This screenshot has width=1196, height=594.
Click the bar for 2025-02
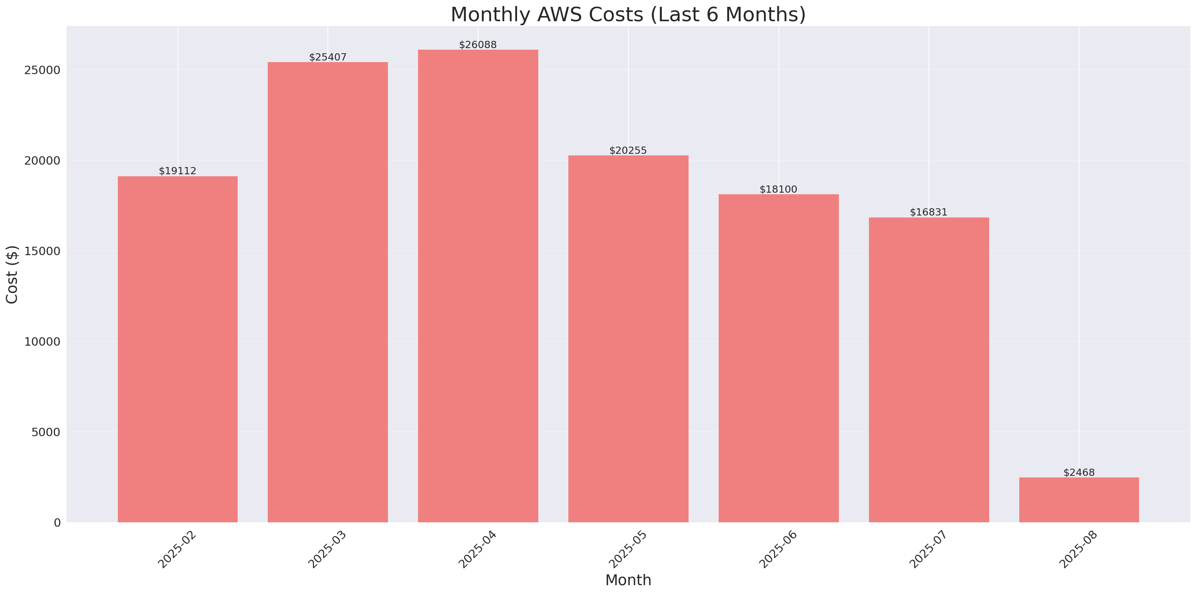pos(178,349)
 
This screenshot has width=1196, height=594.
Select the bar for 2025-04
pos(478,286)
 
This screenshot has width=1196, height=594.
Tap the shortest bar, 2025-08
pos(1079,500)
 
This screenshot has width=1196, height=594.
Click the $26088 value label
pos(478,45)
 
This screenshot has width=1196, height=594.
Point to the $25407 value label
pos(328,58)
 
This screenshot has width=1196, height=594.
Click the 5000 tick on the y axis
pos(46,432)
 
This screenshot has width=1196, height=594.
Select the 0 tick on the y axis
pos(57,523)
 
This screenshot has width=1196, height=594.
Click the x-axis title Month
pos(628,580)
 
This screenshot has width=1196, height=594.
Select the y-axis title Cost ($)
pos(12,274)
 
